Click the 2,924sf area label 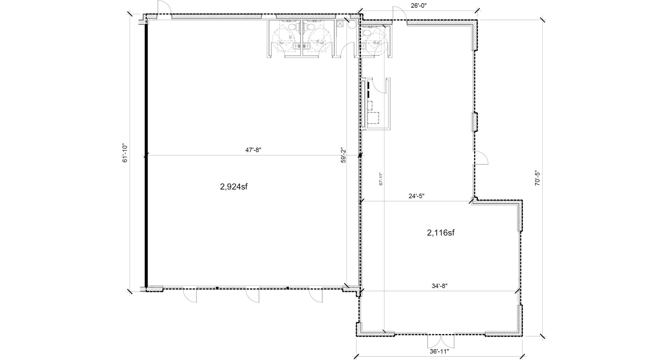pyautogui.click(x=233, y=187)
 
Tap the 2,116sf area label pyautogui.click(x=441, y=233)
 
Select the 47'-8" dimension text pyautogui.click(x=253, y=150)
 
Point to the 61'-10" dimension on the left pyautogui.click(x=125, y=153)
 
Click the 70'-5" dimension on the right pyautogui.click(x=537, y=178)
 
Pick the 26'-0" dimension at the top pyautogui.click(x=419, y=5)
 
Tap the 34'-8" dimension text pyautogui.click(x=439, y=286)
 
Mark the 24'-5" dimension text pyautogui.click(x=416, y=196)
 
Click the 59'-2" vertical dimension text pyautogui.click(x=343, y=155)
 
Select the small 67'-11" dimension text pyautogui.click(x=381, y=179)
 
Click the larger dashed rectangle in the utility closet pyautogui.click(x=374, y=118)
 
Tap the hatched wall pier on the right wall pyautogui.click(x=474, y=122)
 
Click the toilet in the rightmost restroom pyautogui.click(x=367, y=32)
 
